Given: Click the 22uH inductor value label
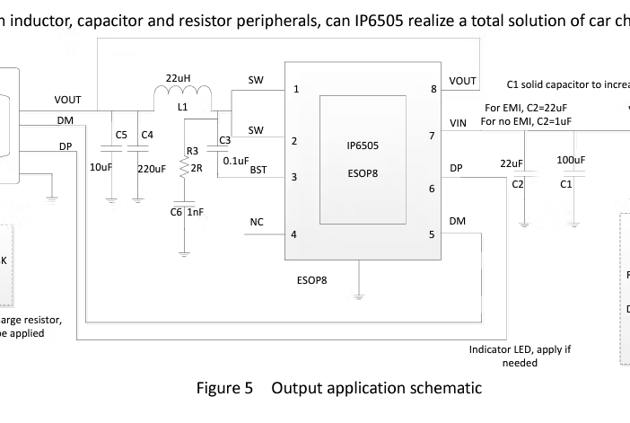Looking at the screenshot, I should (177, 77).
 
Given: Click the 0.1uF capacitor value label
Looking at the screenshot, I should (236, 161).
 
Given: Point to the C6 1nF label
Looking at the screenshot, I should (187, 212).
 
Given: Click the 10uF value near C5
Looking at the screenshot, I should (101, 168).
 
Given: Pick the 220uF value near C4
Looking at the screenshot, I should (152, 168).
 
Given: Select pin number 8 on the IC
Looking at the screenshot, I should (433, 89).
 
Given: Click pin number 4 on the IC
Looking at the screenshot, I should (294, 234).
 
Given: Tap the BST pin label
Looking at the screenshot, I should (258, 169).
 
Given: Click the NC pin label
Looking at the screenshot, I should (257, 221).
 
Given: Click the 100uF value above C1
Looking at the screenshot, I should (571, 160).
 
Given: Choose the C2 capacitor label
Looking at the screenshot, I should (518, 184).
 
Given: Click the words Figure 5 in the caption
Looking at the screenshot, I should (226, 388).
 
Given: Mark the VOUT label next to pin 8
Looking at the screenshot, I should (462, 81).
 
